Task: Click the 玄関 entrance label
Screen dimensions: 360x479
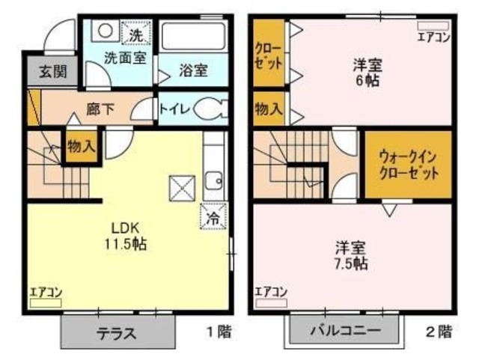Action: pyautogui.click(x=43, y=72)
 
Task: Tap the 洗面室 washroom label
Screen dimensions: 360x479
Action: pyautogui.click(x=124, y=57)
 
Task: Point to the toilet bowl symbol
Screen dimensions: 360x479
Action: pyautogui.click(x=210, y=109)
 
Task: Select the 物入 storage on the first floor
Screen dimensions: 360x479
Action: pyautogui.click(x=80, y=145)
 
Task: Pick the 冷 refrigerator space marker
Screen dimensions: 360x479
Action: pyautogui.click(x=213, y=219)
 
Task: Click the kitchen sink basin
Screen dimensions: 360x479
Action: pyautogui.click(x=213, y=180)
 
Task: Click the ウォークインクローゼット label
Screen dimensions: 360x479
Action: pyautogui.click(x=408, y=162)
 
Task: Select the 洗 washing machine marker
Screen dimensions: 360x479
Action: pyautogui.click(x=135, y=34)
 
